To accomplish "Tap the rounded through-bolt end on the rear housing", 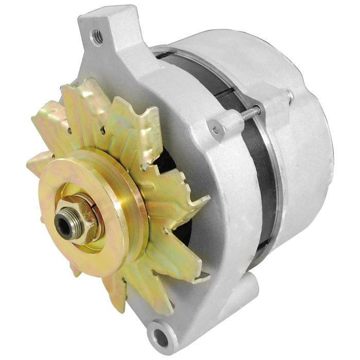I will click(x=291, y=95).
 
